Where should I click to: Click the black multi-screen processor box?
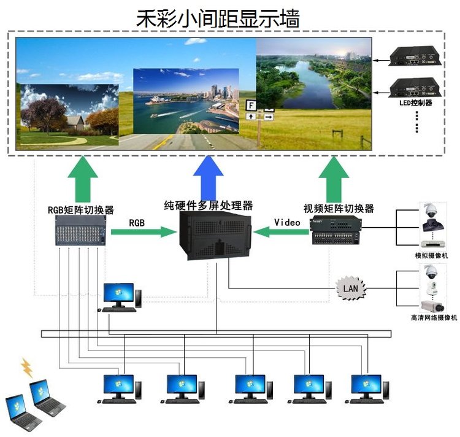tap(215, 236)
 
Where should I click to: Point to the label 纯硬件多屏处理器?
tap(209, 205)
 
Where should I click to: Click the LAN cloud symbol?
tap(350, 287)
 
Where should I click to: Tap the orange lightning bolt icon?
tap(27, 367)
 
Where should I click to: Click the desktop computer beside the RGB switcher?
tap(120, 297)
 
